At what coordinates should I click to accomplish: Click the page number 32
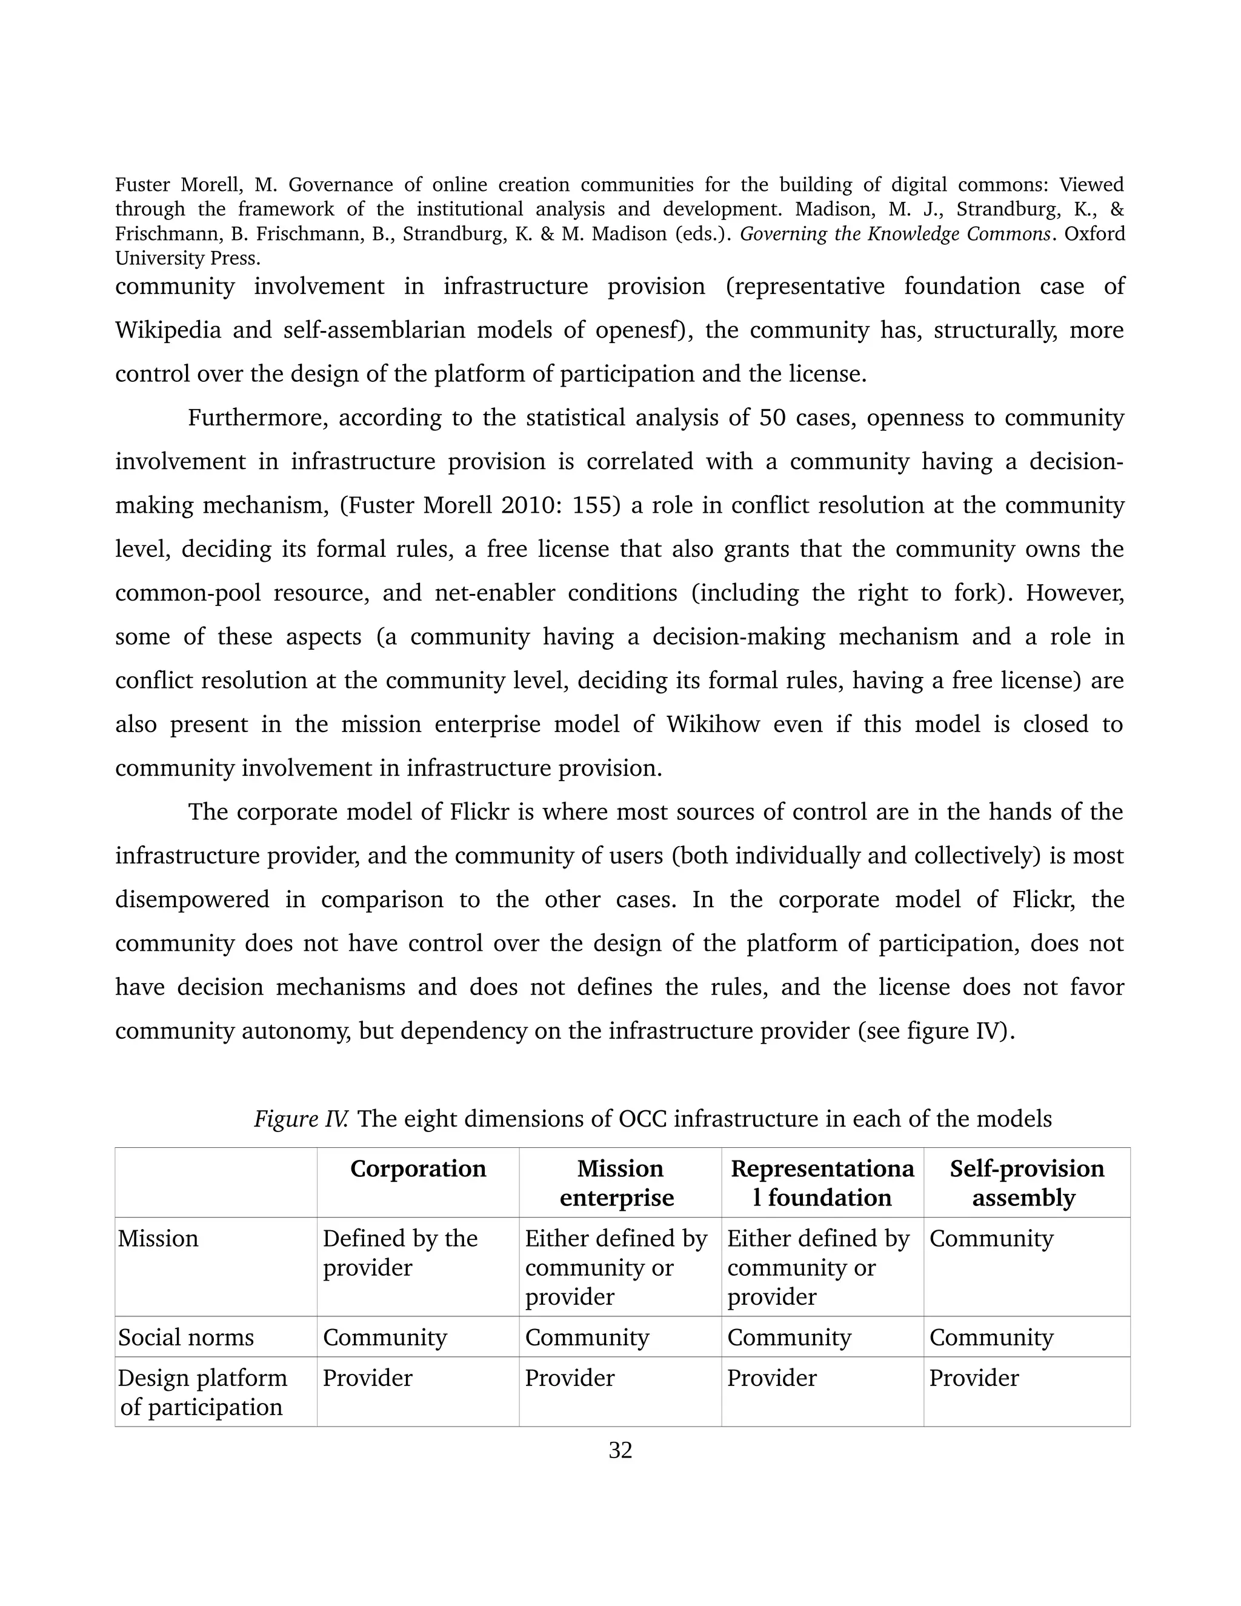point(620,1450)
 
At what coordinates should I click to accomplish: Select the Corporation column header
point(418,1168)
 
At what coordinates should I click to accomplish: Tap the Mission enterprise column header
point(619,1182)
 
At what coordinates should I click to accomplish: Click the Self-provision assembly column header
point(1026,1182)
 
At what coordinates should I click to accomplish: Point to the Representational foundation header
point(822,1182)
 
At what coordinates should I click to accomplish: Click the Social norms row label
point(186,1336)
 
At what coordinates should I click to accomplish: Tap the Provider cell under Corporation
point(368,1378)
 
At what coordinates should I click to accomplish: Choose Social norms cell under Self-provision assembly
point(991,1336)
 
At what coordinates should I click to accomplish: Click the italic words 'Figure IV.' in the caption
point(301,1119)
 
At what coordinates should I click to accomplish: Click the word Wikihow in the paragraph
point(713,724)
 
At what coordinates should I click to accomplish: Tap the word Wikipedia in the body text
point(168,330)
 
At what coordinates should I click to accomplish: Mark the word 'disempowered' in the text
point(192,899)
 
